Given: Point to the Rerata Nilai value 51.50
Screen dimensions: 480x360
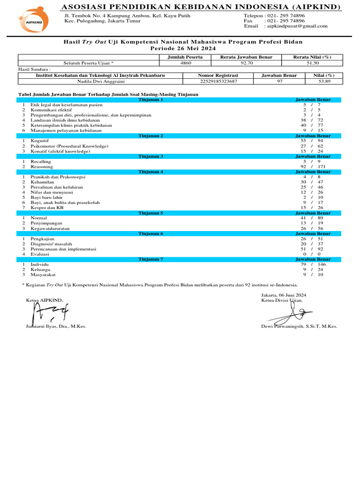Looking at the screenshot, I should [312, 62].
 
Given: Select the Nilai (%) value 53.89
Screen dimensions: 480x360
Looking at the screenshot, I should [324, 81].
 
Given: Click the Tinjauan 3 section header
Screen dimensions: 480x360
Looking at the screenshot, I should [151, 156].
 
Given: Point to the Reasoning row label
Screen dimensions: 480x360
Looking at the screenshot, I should [42, 166].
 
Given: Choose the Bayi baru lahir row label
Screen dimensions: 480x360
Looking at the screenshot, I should [47, 197].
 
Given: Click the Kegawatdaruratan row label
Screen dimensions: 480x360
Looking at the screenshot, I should [51, 228].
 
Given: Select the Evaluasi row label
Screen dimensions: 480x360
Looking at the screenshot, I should [40, 254].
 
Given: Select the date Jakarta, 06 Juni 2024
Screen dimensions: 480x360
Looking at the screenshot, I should [283, 295].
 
